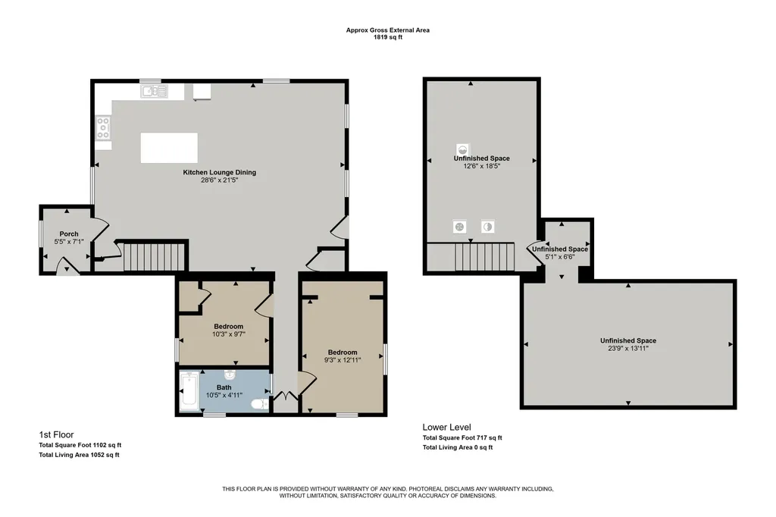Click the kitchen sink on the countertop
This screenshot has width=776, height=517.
point(154,91)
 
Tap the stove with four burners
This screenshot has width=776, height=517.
point(103,128)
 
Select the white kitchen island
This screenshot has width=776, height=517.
point(169,148)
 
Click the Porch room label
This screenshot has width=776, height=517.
point(69,233)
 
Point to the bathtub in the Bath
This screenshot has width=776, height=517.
point(189,391)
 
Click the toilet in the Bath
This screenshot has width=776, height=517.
point(260,405)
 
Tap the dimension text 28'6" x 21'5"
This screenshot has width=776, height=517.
point(219,180)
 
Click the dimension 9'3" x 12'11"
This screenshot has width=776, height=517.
point(343,360)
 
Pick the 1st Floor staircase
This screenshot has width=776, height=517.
point(154,256)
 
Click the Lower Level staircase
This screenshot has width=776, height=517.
point(484,256)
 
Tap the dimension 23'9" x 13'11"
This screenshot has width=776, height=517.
point(628,348)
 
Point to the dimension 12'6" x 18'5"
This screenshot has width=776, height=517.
point(481,166)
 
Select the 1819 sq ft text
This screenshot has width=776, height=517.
point(387,37)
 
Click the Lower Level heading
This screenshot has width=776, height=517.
point(447,427)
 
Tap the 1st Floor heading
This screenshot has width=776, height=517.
point(56,434)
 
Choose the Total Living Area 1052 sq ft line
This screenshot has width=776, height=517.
point(79,455)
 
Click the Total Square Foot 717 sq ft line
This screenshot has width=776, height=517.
point(462,437)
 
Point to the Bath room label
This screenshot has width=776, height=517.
point(224,387)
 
